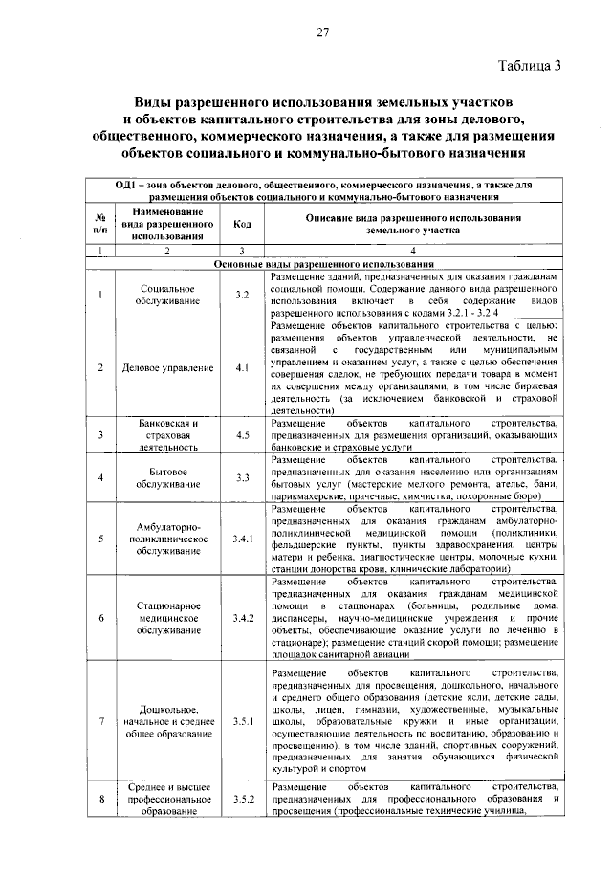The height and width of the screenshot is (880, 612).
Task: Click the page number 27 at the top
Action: coord(323,32)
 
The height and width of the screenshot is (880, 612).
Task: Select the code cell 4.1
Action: coord(242,367)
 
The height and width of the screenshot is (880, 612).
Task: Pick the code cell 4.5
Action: coord(242,435)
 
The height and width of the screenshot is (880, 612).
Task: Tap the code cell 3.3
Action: coord(242,476)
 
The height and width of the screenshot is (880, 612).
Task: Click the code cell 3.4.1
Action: coord(242,539)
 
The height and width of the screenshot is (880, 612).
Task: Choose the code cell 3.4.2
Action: coord(242,618)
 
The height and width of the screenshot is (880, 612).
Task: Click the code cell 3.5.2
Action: coord(242,798)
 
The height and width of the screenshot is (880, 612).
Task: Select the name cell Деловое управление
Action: coord(167,367)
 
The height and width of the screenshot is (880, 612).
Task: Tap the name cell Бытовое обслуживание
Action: coord(167,476)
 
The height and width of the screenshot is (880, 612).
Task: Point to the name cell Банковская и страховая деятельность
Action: coord(167,435)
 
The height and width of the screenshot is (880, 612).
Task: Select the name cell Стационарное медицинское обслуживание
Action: coord(167,618)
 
